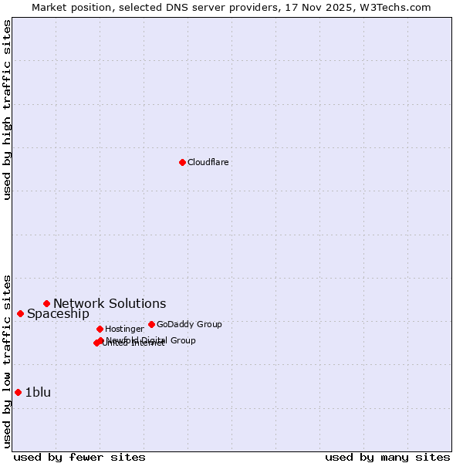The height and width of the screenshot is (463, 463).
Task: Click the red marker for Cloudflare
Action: click(x=182, y=162)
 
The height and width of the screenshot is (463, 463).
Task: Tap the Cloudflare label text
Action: click(x=208, y=162)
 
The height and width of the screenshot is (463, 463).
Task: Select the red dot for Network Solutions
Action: click(x=46, y=303)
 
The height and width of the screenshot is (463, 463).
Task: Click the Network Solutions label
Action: click(x=110, y=303)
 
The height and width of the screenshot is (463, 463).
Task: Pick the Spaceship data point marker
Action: click(x=20, y=313)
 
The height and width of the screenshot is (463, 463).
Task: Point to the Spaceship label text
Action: click(x=58, y=313)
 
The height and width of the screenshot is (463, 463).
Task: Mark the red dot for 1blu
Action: click(x=18, y=392)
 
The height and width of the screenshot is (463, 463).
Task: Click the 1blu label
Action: click(x=38, y=392)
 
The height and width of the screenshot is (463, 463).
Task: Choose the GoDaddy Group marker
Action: click(x=151, y=324)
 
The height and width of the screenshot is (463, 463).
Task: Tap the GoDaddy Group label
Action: click(x=189, y=324)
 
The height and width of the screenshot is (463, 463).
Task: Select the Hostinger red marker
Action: click(x=100, y=329)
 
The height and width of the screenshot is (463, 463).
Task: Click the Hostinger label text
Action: click(x=124, y=329)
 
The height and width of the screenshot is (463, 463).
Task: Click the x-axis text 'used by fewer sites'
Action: click(x=79, y=457)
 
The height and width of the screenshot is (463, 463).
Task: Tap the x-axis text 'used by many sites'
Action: click(x=387, y=457)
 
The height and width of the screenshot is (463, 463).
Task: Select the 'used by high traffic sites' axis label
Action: click(x=7, y=110)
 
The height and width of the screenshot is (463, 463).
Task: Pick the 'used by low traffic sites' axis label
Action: click(x=7, y=361)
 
